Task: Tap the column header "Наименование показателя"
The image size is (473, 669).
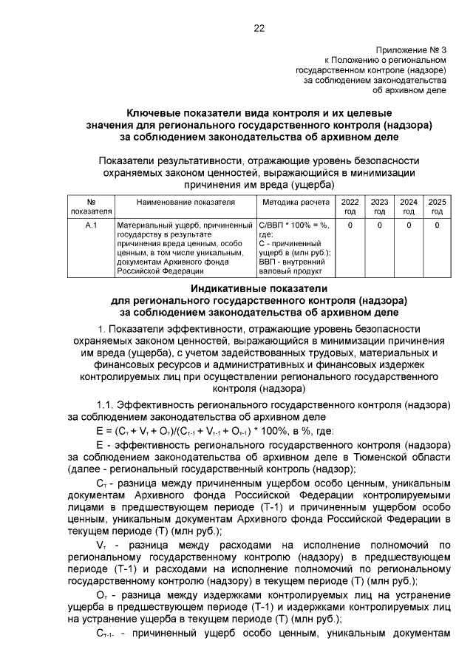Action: [186, 201]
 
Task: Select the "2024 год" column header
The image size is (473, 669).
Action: [408, 206]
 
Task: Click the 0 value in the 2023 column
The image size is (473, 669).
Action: [379, 224]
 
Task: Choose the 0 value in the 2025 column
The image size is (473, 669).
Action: [437, 224]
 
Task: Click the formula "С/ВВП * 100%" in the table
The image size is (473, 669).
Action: [287, 224]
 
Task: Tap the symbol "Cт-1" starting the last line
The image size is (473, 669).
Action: [107, 634]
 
